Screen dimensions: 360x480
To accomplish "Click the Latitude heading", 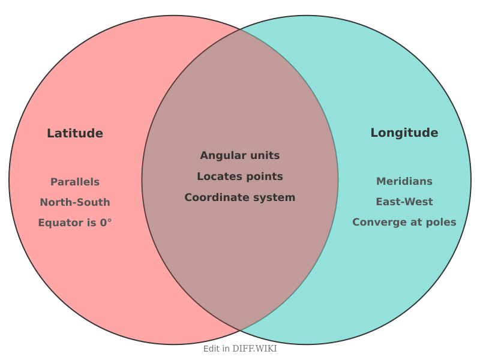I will point(75,133).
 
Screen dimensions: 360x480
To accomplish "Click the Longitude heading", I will point(404,133).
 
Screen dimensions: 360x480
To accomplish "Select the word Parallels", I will point(75,182).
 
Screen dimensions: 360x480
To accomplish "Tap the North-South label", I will point(75,202).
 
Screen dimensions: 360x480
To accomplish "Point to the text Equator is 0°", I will point(75,223).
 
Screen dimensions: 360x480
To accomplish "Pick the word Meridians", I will point(404,181).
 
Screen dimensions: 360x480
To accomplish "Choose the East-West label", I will point(404,202).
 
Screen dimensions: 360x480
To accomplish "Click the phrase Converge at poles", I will point(404,222).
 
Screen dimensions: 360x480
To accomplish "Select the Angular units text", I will point(240,155).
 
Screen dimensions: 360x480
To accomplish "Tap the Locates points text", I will point(240,176).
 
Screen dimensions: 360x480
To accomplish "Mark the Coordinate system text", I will point(240,197).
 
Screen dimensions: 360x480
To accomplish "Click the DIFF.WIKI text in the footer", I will point(254,349).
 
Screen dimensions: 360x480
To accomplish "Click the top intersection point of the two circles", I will point(240,29).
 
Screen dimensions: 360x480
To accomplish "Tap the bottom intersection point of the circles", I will point(240,331).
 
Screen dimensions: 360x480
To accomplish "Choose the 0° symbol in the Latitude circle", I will point(106,223).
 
